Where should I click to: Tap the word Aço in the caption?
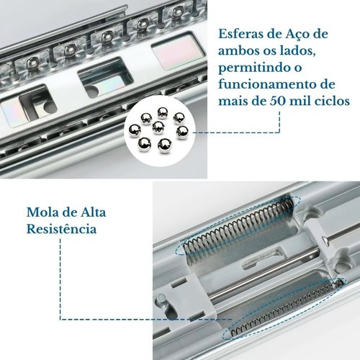(x=297, y=35)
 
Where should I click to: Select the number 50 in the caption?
(x=277, y=101)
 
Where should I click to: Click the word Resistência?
(x=61, y=229)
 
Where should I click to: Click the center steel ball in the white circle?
(x=158, y=127)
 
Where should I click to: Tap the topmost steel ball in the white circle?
(x=162, y=113)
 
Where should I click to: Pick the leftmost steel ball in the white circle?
(x=135, y=130)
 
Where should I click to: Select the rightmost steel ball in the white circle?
(x=182, y=132)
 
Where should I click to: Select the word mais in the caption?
(x=231, y=101)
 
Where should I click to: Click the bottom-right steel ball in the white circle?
(x=165, y=145)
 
